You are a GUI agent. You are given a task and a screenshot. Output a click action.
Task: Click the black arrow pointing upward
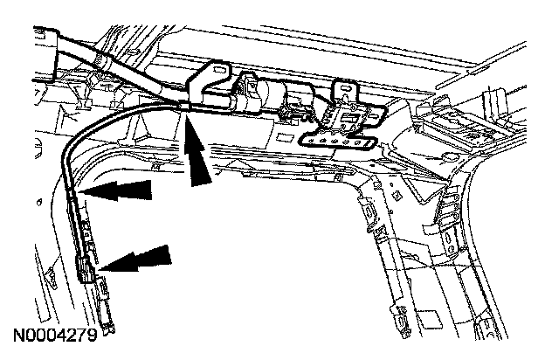coord(197,157)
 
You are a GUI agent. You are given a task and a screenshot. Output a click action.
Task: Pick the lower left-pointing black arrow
coord(135,259)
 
